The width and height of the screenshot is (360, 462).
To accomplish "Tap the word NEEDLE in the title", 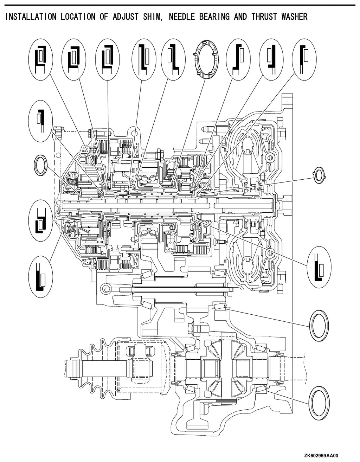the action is [x=182, y=17].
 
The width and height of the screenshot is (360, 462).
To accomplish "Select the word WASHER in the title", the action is [x=294, y=17].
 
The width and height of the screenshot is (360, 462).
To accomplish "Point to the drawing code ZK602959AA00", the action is [x=321, y=455].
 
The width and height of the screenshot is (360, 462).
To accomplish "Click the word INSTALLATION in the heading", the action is [x=31, y=17].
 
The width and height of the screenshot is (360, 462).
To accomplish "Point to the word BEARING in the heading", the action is [x=214, y=17].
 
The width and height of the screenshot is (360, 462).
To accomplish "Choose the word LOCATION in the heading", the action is [x=78, y=17].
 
